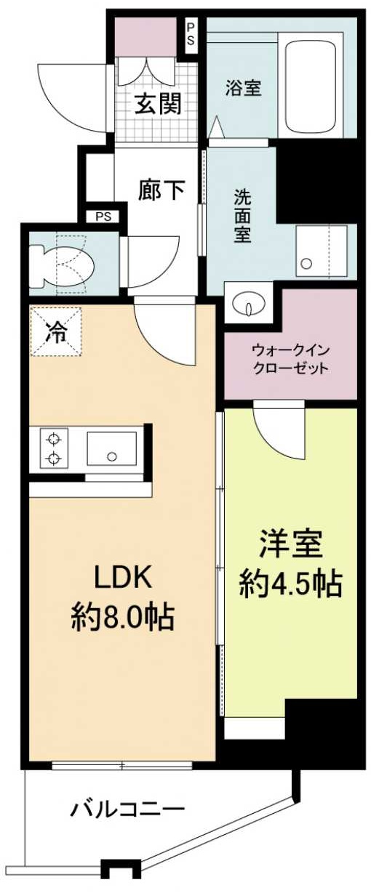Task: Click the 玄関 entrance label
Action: [158, 104]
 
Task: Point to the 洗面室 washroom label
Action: [242, 216]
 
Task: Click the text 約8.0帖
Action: [122, 617]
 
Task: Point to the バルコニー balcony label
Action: [128, 808]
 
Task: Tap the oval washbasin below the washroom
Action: [249, 305]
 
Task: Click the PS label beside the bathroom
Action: [191, 32]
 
